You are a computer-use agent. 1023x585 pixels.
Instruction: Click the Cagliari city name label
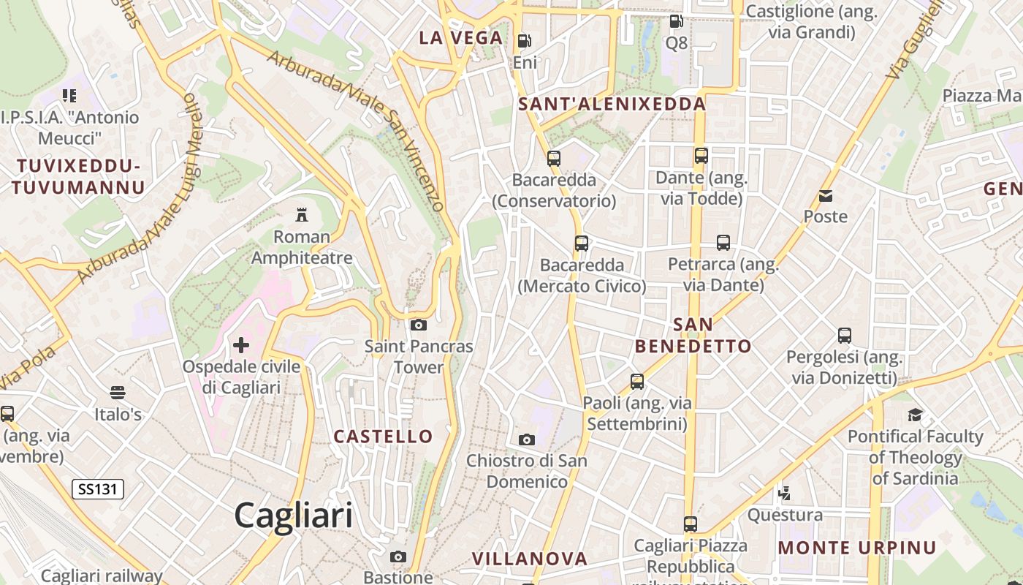pos(293,516)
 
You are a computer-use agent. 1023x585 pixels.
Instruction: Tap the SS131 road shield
pos(98,489)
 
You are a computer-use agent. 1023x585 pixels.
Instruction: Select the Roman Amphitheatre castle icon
pos(301,214)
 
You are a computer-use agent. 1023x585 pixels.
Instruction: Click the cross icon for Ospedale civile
pos(241,344)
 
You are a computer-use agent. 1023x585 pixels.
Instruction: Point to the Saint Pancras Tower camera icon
pos(419,325)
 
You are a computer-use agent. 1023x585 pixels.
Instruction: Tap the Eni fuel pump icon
pos(524,41)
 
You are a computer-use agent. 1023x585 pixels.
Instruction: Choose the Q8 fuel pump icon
pos(677,21)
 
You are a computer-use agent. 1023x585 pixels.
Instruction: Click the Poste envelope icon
pos(826,195)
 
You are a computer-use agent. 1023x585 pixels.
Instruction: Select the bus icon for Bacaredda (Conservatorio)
pos(554,158)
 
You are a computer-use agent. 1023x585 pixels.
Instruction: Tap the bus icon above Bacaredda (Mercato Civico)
pos(582,244)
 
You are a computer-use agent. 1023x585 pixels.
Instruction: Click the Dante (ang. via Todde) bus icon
pos(701,156)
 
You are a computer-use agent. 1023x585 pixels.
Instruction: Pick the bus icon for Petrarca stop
pos(723,243)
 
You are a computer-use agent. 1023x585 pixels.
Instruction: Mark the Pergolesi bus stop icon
pos(845,336)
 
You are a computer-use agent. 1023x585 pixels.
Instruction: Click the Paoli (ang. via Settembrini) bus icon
pos(637,381)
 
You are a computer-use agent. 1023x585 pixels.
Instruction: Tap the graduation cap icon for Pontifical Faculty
pos(915,415)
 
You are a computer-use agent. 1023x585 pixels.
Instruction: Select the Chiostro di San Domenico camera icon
pos(526,439)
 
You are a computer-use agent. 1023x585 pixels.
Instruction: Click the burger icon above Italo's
pos(118,393)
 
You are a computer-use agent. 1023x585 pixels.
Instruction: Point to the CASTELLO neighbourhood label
pos(384,437)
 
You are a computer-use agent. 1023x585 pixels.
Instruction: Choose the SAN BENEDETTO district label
pos(693,335)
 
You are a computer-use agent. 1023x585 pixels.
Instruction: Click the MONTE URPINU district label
pos(857,548)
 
